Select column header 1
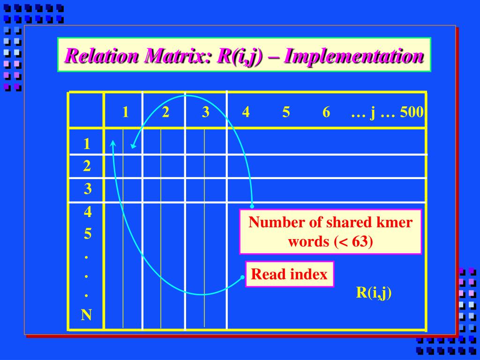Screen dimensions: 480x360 (126, 112)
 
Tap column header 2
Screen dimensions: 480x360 (165, 112)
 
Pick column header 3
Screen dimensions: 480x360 (205, 112)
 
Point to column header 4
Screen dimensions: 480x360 (246, 112)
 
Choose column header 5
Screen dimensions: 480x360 (286, 112)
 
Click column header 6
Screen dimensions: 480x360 (326, 112)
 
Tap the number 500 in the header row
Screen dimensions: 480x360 (412, 112)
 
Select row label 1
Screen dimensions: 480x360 (87, 144)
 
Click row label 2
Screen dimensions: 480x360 (87, 166)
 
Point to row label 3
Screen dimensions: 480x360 (88, 189)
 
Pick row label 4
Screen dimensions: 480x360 (88, 212)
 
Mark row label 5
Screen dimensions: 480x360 (88, 233)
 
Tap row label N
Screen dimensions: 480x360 (86, 315)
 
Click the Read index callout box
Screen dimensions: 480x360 (289, 274)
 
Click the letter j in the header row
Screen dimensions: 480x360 (373, 113)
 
